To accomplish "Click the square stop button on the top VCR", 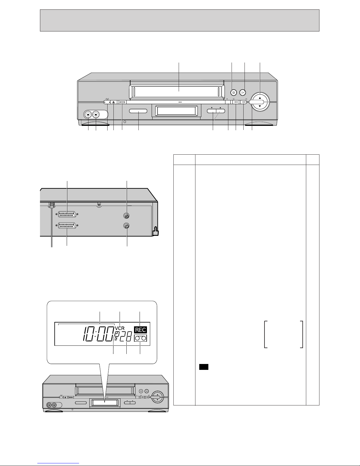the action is tap(234, 93).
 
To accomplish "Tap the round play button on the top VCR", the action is tap(242, 93).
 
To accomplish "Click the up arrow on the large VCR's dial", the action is tap(260, 98).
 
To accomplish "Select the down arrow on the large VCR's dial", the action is tap(260, 106).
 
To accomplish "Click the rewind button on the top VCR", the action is tap(236, 102).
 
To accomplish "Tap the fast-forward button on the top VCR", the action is tap(244, 102).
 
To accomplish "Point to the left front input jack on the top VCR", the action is tap(88, 115).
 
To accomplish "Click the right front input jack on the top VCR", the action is tap(96, 115).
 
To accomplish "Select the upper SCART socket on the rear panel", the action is tap(67, 214).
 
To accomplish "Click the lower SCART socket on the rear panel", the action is tap(67, 226).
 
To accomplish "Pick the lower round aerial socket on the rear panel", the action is tap(127, 226).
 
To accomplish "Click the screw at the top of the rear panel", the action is tap(99, 205).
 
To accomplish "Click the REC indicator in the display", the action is tap(140, 330).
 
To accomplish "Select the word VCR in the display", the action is tap(120, 328).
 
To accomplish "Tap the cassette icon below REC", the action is tap(140, 338).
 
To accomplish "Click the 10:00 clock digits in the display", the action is tap(98, 334).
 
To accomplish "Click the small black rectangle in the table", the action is tap(204, 367).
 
